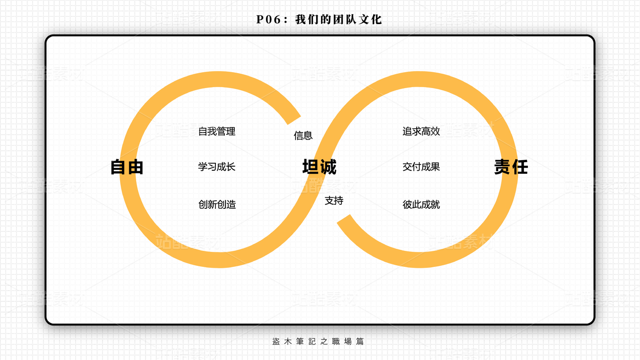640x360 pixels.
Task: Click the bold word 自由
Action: (127, 167)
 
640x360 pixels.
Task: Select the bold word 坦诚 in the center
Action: (319, 167)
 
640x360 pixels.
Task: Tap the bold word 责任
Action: (511, 167)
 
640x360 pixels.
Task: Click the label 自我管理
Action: (217, 132)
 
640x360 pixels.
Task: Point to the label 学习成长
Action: (217, 167)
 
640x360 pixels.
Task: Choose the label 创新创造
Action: (217, 204)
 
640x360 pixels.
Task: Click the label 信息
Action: (303, 135)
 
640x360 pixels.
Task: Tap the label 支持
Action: (334, 201)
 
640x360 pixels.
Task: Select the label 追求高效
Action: (421, 131)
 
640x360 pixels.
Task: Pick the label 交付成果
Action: (421, 167)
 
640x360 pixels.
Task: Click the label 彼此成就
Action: (421, 204)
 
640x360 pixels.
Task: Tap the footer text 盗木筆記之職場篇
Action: (318, 341)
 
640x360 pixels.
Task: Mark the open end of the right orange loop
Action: (345, 221)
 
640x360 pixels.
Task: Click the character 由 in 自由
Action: (135, 167)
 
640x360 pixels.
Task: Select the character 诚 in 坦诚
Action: (328, 167)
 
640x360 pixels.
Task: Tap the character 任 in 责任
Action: (520, 167)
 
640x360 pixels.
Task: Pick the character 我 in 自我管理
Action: (212, 132)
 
